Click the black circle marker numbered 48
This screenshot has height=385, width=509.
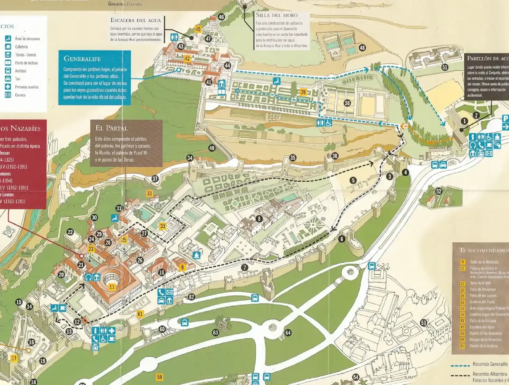(x=362, y=48)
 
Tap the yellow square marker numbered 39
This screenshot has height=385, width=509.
(x=303, y=92)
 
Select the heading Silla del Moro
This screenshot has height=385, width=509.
(x=276, y=15)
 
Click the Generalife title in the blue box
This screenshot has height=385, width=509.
(x=82, y=59)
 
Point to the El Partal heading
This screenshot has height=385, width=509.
(x=112, y=128)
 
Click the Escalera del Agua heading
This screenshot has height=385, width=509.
(x=135, y=20)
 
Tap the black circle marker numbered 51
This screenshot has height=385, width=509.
(x=445, y=67)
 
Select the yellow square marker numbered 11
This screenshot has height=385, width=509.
(x=112, y=287)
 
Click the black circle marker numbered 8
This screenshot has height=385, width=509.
(x=259, y=219)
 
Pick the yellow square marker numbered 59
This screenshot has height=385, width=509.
(x=159, y=377)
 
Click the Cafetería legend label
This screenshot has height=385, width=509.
(x=21, y=47)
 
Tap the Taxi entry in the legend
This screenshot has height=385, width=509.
(x=18, y=79)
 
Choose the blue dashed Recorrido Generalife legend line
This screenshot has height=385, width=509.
(x=460, y=365)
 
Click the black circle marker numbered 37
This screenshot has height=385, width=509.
(x=155, y=179)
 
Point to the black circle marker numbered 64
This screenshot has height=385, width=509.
(x=288, y=333)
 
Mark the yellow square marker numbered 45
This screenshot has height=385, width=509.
(x=198, y=29)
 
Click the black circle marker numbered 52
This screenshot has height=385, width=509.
(x=439, y=191)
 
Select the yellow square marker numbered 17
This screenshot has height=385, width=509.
(x=14, y=358)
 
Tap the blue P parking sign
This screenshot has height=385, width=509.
(x=505, y=119)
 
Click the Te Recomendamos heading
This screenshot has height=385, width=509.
(x=484, y=250)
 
